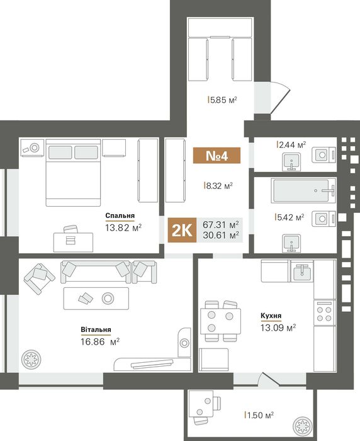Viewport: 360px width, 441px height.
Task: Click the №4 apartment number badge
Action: tap(217, 155)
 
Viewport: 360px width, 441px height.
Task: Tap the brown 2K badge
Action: tap(182, 230)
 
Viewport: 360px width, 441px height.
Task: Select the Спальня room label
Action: tap(120, 215)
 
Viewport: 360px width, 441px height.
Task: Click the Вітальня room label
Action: tap(96, 329)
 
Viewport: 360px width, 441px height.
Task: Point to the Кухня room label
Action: tap(271, 316)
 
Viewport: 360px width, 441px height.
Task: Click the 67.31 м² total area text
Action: tap(221, 224)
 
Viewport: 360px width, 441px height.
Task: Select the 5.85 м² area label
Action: tap(222, 100)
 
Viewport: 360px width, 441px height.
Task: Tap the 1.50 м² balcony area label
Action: tap(259, 415)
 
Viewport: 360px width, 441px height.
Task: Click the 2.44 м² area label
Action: tap(291, 144)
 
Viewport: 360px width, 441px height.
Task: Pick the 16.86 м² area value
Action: tap(100, 342)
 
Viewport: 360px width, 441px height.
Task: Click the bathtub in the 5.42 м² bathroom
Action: tap(303, 190)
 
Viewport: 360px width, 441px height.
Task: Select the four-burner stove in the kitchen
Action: tap(325, 313)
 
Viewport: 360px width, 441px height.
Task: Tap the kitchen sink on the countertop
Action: tap(302, 271)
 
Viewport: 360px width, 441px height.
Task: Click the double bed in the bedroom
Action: tap(73, 173)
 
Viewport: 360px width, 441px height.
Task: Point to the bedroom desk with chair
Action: tap(73, 239)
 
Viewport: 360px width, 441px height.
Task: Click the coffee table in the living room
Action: tap(96, 299)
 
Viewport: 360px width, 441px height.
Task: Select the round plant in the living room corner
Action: tap(31, 360)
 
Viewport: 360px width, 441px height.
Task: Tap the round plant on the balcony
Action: tap(302, 425)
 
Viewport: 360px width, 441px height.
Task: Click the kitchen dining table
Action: tap(221, 321)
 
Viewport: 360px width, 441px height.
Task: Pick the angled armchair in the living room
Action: tap(40, 278)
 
